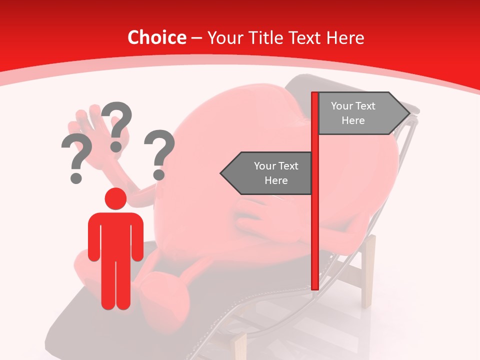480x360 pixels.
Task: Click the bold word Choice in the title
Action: pos(156,37)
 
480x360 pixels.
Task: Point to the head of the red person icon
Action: pos(115,198)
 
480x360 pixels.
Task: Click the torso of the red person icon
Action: pos(115,235)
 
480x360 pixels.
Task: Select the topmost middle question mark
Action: pos(117,125)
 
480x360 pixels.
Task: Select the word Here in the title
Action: pos(345,37)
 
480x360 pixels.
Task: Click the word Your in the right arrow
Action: pos(342,106)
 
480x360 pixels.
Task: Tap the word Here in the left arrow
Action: pos(276,180)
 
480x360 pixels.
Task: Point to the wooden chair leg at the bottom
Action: pos(240,345)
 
